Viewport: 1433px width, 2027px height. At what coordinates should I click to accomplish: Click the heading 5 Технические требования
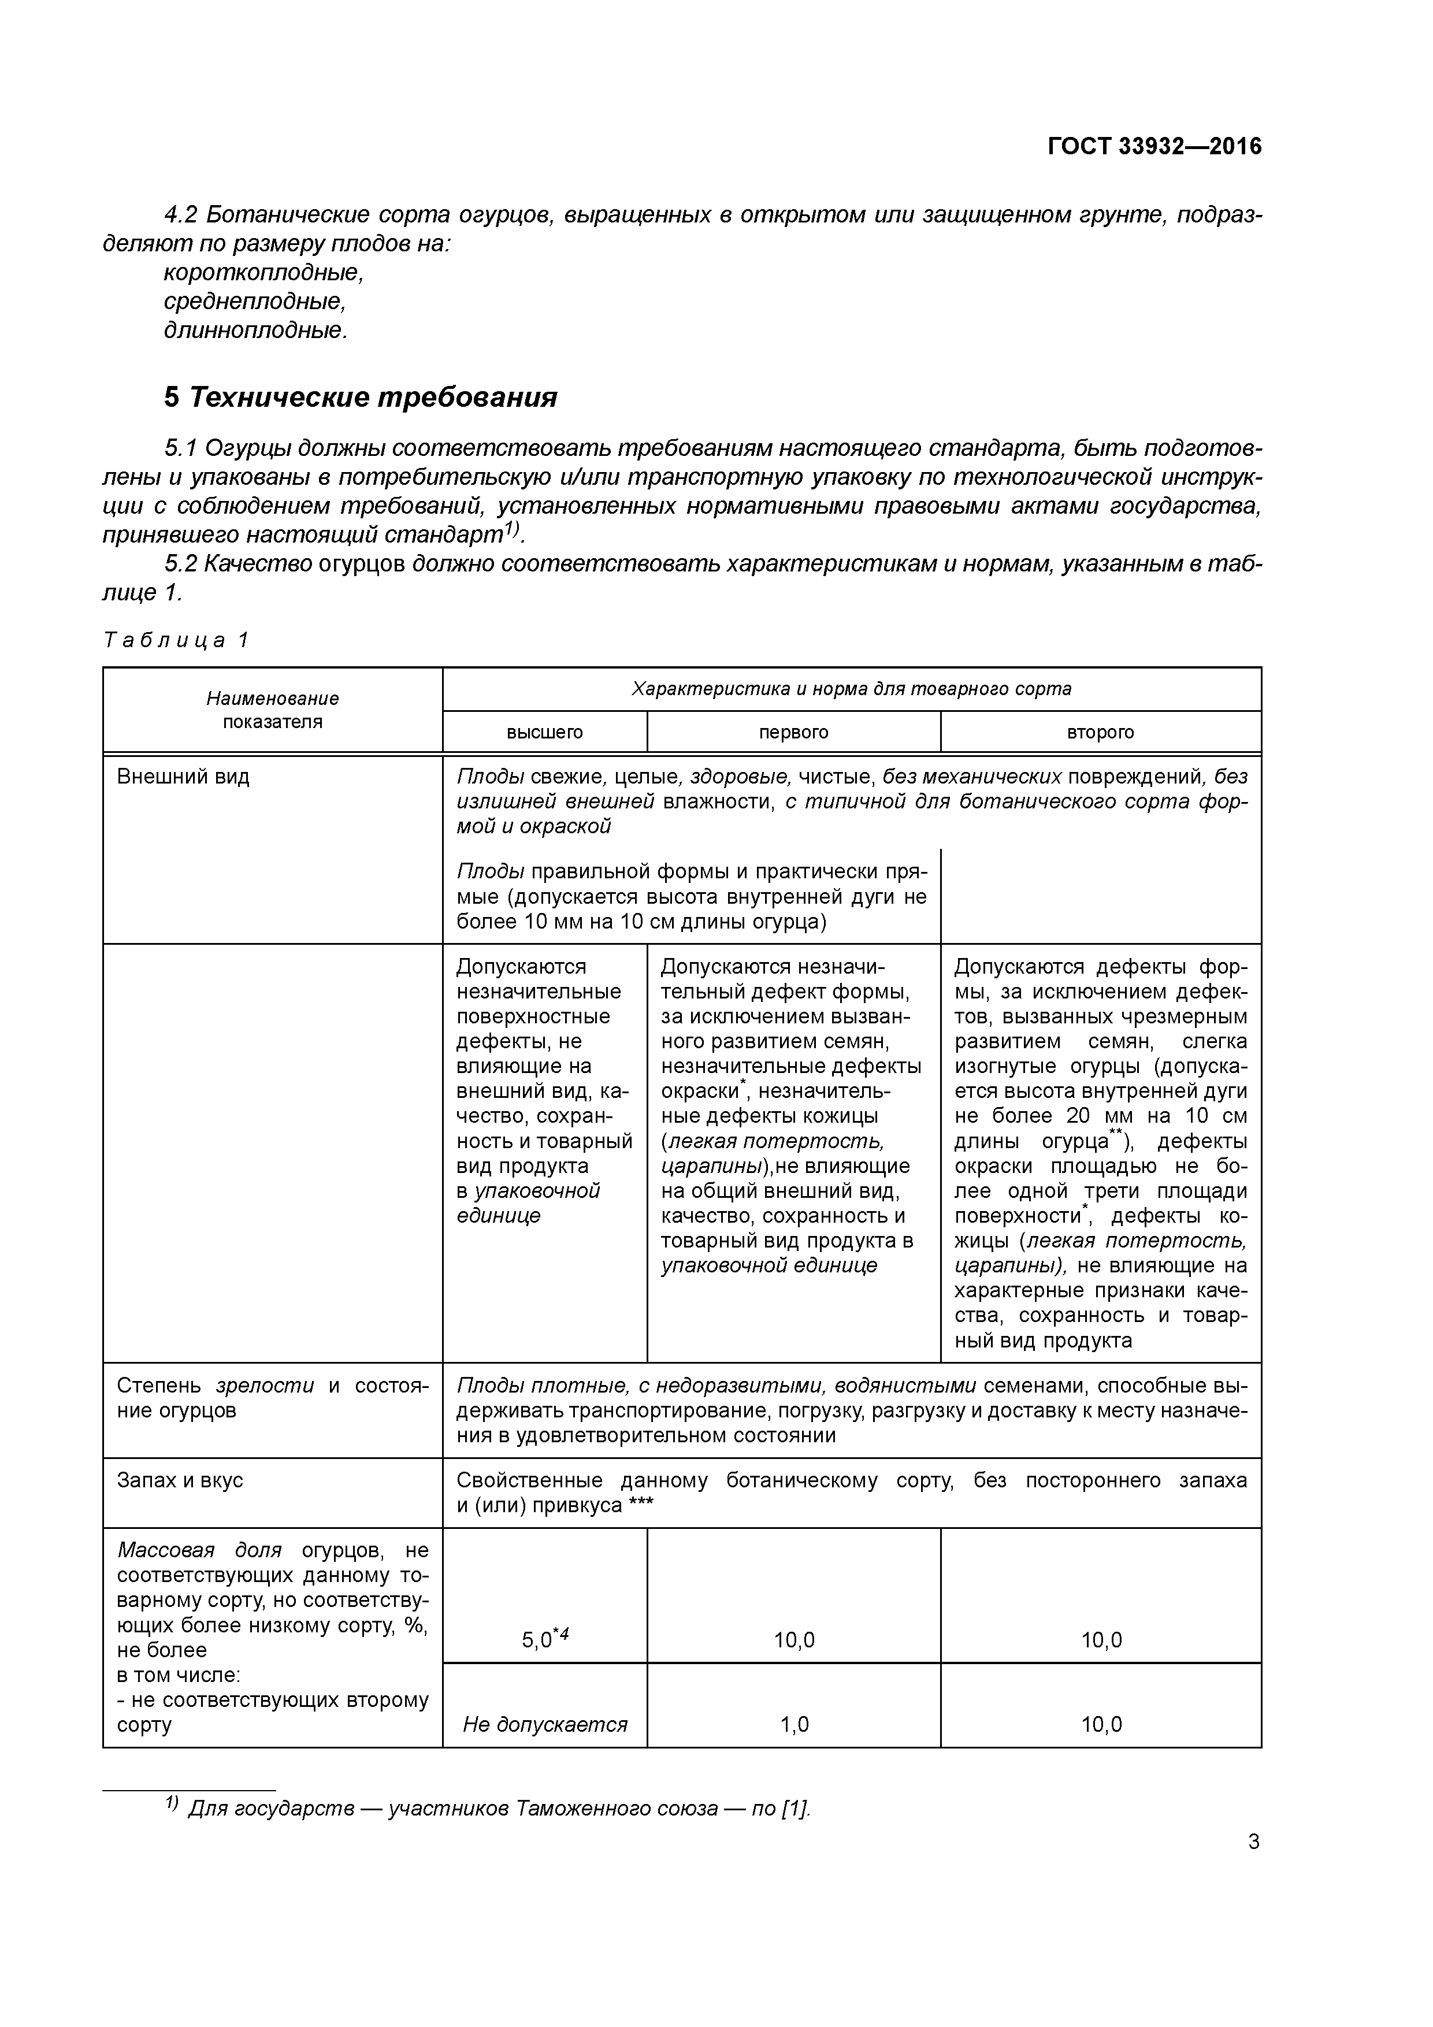point(360,398)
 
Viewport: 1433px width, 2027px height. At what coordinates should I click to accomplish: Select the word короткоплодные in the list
point(263,273)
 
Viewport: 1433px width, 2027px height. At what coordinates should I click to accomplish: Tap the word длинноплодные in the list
point(255,331)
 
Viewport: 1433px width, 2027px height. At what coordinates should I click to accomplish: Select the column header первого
point(793,732)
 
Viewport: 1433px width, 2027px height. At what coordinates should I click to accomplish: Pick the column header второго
point(1100,732)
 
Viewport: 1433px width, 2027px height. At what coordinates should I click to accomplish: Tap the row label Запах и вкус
point(180,1480)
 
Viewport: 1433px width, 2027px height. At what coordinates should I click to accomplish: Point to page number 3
point(1253,1842)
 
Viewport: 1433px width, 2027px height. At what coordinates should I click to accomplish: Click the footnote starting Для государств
point(499,1809)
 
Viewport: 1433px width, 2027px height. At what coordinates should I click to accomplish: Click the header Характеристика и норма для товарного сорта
point(851,689)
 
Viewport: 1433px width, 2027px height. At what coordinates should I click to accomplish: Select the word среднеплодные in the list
point(254,302)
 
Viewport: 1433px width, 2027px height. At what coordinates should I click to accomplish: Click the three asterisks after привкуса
point(641,1505)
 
